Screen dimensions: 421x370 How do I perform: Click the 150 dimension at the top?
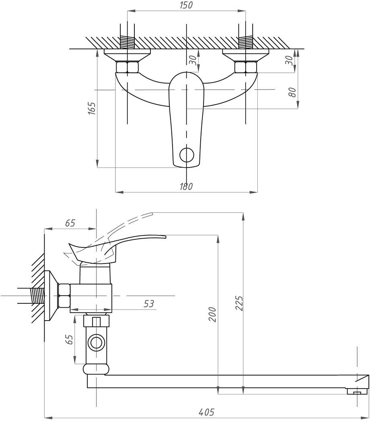[186, 5]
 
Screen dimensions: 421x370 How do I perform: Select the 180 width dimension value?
[186, 186]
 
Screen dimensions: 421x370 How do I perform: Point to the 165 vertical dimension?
[92, 109]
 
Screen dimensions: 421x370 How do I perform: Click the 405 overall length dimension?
[206, 412]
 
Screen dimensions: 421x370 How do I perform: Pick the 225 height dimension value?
[239, 304]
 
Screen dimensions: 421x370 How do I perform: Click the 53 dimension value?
[149, 304]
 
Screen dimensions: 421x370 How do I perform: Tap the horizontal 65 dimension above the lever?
[70, 223]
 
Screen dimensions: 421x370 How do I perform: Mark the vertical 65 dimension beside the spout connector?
[70, 340]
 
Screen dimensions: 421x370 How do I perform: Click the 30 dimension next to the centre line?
[193, 60]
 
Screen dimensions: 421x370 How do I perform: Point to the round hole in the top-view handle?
[186, 154]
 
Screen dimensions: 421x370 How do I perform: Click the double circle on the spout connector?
[96, 343]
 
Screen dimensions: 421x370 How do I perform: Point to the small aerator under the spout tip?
[357, 392]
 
